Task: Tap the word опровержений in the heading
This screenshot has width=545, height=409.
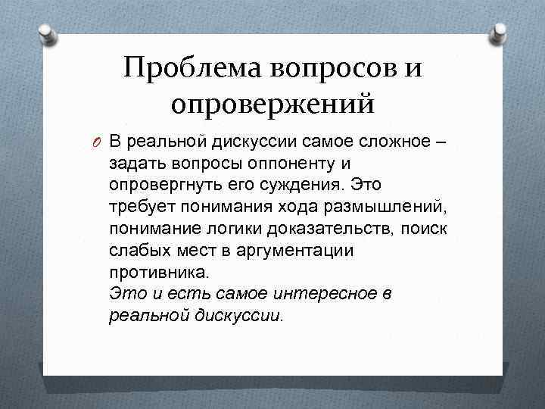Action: click(x=272, y=102)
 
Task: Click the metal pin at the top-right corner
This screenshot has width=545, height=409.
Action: click(x=499, y=33)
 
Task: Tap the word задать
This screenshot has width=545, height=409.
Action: click(x=132, y=163)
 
